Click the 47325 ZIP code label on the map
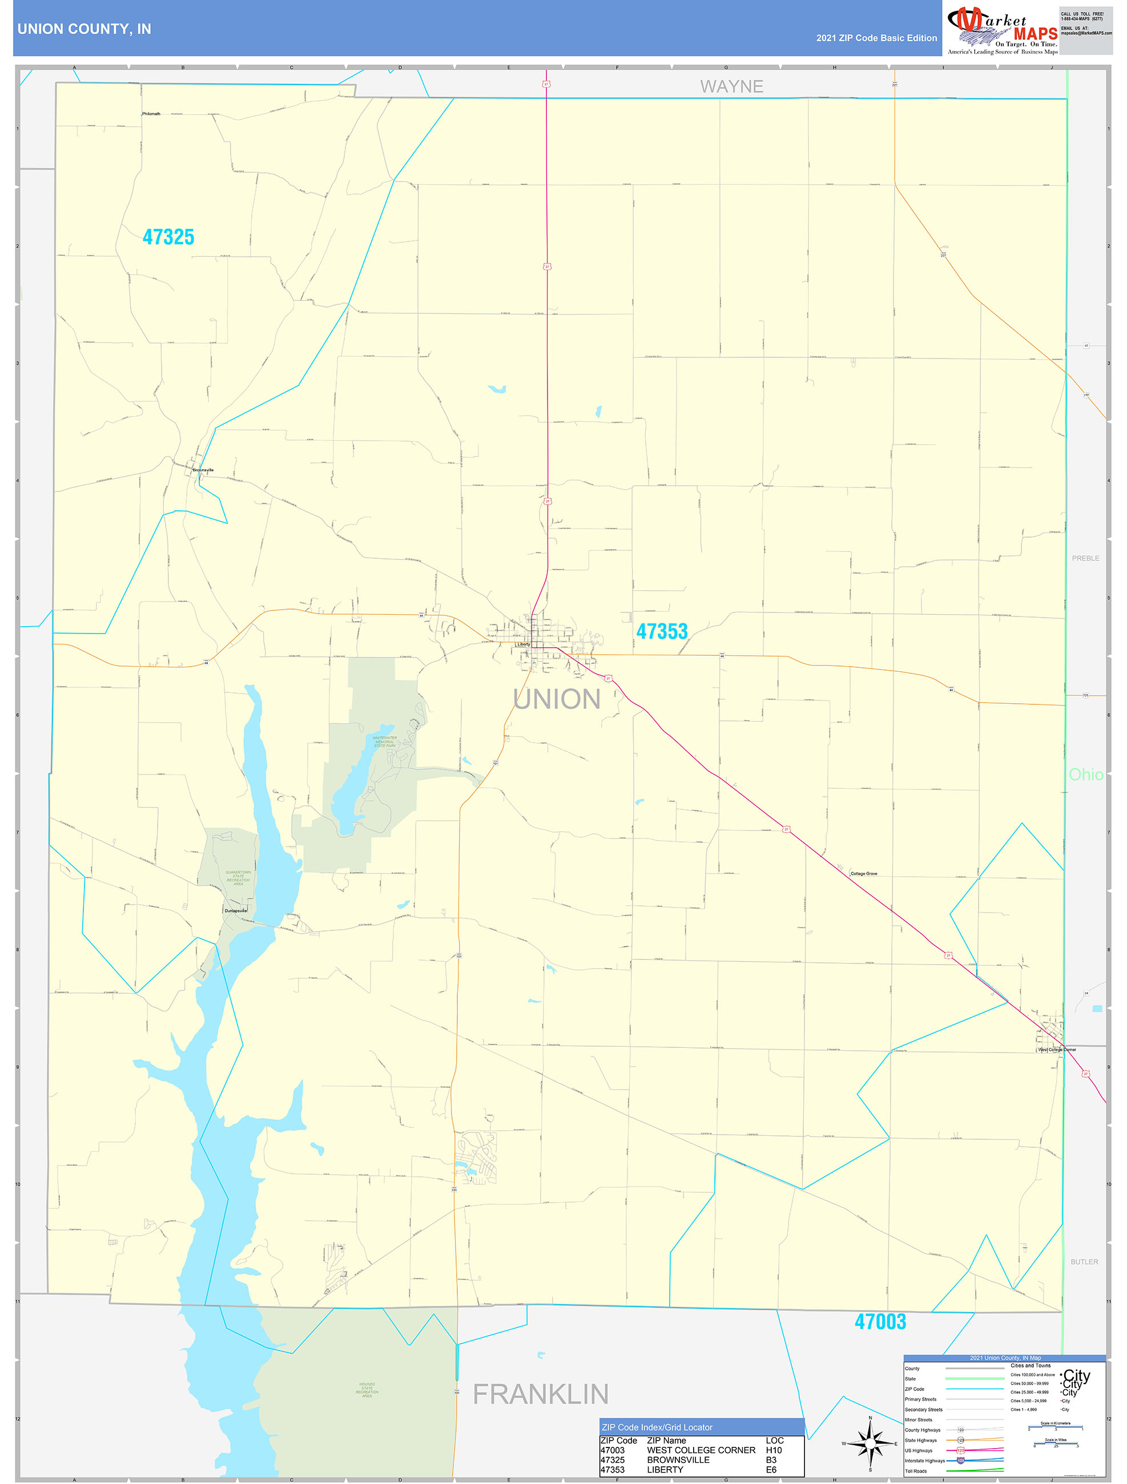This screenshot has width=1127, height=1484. (x=168, y=237)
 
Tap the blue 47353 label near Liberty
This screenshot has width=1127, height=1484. (x=662, y=631)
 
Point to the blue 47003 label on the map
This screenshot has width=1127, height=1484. (x=880, y=1322)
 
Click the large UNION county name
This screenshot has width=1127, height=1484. (x=557, y=699)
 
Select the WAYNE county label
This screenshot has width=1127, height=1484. (x=732, y=87)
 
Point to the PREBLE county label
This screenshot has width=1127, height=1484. (x=1085, y=558)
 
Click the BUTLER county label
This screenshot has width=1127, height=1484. (x=1084, y=1262)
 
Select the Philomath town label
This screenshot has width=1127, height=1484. (x=151, y=114)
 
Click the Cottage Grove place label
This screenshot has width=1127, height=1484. (x=863, y=873)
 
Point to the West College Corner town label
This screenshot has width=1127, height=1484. (x=1057, y=1049)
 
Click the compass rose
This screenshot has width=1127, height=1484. (x=870, y=1443)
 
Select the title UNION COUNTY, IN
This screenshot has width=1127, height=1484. (x=84, y=29)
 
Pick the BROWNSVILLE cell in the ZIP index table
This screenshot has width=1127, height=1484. (x=678, y=1460)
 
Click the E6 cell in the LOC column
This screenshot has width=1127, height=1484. (x=771, y=1469)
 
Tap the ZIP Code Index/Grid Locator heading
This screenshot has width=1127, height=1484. (x=657, y=1427)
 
